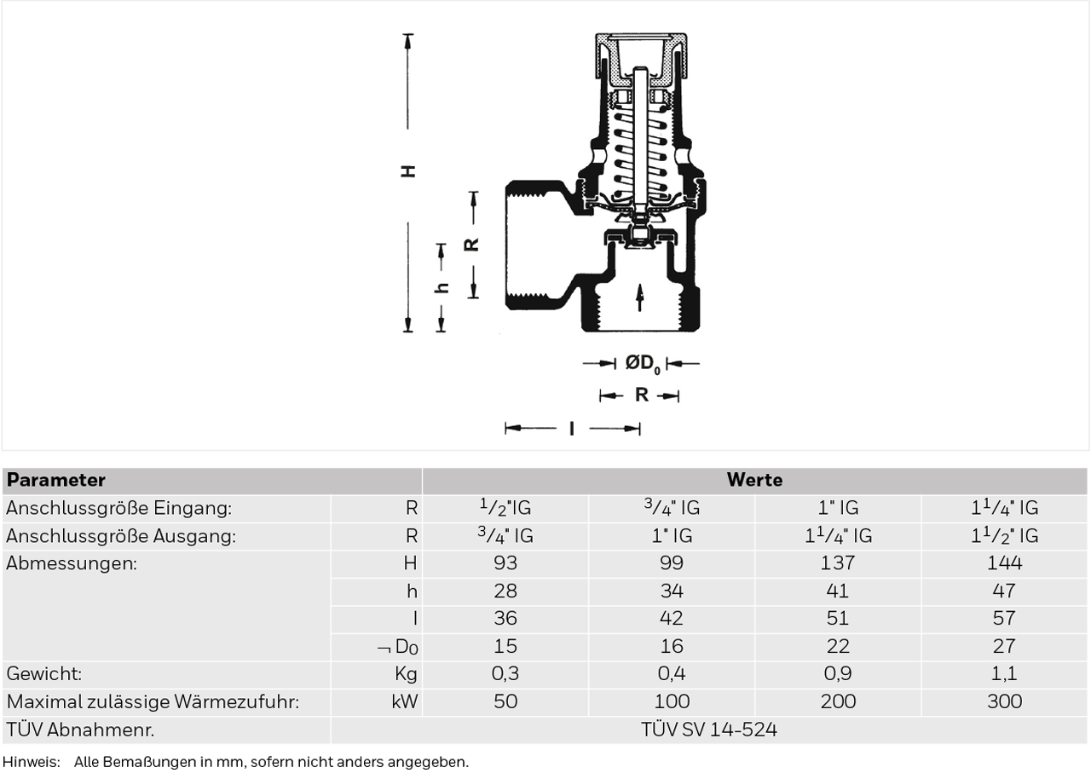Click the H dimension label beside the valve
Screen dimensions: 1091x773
point(408,171)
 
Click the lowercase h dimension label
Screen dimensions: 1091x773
point(442,287)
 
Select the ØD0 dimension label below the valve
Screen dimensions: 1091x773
point(643,363)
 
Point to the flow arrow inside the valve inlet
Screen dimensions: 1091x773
point(640,297)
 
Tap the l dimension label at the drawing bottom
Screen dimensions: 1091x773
point(572,429)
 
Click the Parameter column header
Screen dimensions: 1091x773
point(56,481)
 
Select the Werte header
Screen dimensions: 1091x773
point(754,481)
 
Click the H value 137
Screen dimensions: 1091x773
point(838,563)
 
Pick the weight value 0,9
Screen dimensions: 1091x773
point(838,673)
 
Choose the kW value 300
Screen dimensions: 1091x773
point(1004,701)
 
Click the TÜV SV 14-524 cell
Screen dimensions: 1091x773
point(708,730)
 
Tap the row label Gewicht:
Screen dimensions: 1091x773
point(43,673)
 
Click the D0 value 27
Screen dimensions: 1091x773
point(1004,646)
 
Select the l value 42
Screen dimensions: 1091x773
point(672,618)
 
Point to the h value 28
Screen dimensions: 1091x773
point(505,591)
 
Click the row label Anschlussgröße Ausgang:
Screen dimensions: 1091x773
point(121,536)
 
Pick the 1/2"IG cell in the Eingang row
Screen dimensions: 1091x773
point(505,508)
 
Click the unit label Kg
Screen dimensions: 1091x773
point(407,674)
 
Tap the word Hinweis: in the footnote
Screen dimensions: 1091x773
point(32,762)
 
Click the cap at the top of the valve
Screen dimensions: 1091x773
point(641,55)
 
